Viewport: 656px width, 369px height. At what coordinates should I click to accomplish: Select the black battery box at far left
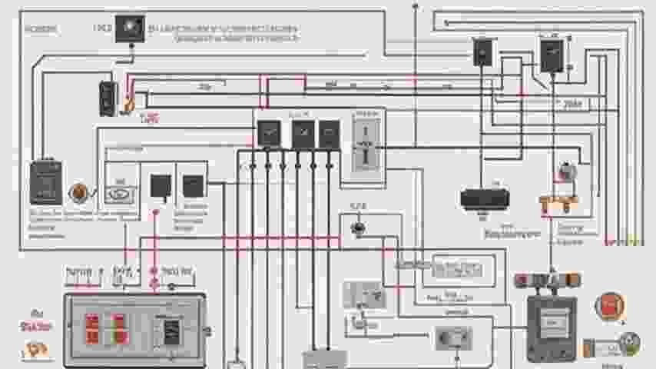(45, 181)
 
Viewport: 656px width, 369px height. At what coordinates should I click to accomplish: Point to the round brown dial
(78, 192)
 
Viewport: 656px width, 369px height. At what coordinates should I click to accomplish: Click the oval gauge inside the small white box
(121, 192)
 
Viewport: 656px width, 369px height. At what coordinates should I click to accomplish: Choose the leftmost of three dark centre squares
(268, 134)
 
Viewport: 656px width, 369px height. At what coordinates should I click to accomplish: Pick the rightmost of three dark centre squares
(330, 134)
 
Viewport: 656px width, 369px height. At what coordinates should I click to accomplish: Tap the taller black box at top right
(551, 55)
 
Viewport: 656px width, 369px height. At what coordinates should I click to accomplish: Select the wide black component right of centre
(484, 198)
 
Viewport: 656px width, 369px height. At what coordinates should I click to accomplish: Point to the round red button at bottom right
(609, 306)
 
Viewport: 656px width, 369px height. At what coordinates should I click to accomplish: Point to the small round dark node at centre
(356, 228)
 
